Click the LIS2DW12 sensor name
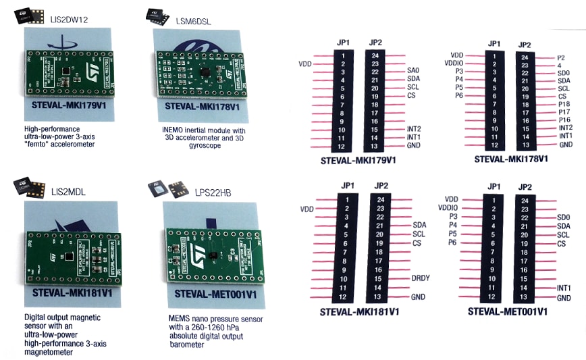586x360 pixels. [66, 20]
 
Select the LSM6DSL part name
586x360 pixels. [192, 21]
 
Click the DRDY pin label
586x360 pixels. [421, 278]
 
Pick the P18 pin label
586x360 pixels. [565, 104]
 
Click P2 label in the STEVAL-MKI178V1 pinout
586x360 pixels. [561, 59]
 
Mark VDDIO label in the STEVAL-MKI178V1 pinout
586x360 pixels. [454, 63]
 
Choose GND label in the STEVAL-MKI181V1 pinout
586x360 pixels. [419, 298]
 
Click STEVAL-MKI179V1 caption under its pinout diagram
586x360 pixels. [363, 161]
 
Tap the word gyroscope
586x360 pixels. [201, 145]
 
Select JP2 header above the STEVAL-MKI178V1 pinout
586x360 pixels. [524, 45]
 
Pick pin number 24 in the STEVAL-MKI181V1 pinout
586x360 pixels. [381, 199]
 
